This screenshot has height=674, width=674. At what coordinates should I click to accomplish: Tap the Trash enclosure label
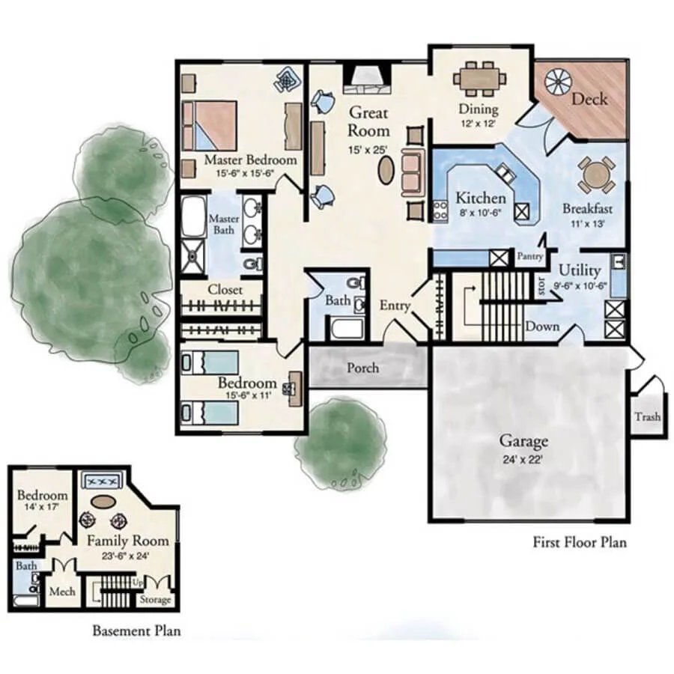(647, 417)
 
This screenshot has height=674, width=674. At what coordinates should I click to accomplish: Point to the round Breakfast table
(596, 175)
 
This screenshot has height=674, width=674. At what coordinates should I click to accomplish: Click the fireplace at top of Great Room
(366, 78)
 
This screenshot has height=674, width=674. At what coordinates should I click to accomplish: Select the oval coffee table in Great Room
(386, 170)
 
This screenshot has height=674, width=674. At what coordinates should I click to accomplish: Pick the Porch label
(363, 368)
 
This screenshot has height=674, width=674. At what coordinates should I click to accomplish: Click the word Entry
(395, 306)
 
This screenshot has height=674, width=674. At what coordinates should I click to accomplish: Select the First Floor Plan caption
(579, 541)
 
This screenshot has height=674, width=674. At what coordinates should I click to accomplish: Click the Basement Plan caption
(136, 631)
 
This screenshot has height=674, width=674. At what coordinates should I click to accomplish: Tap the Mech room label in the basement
(62, 592)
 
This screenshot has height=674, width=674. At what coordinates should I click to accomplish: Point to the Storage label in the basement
(156, 600)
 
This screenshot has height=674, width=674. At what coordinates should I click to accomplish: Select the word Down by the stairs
(542, 327)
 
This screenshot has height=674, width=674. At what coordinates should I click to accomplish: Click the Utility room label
(580, 270)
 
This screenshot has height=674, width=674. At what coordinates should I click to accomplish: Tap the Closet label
(225, 289)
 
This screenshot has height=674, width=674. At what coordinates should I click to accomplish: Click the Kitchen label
(481, 198)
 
